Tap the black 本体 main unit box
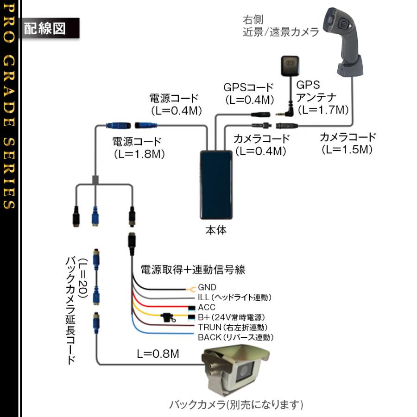point(215,185)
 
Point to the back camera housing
point(234,371)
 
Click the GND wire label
point(207,287)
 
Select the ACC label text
point(207,307)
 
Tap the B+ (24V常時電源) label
point(231,317)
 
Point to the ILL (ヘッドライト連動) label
point(234,297)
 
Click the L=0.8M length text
point(158,354)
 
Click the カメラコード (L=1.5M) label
point(347,143)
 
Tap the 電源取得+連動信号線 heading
point(192,269)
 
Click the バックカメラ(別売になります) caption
point(236,404)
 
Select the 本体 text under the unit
point(215,230)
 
